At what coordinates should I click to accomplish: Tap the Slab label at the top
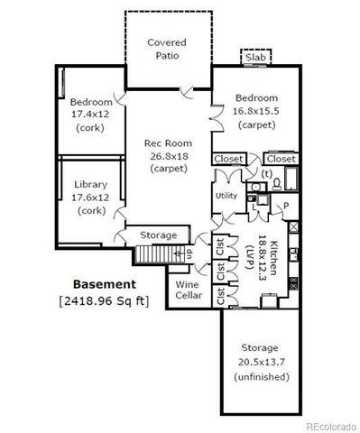tap(255, 58)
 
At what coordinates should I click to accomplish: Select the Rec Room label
tap(167, 143)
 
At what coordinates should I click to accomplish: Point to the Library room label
tap(89, 185)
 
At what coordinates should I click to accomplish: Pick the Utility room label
tap(226, 196)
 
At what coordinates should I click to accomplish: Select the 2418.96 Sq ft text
tap(104, 299)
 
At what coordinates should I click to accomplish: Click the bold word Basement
tap(104, 284)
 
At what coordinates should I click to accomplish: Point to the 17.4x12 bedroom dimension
tap(89, 115)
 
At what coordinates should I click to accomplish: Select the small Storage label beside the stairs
tap(159, 236)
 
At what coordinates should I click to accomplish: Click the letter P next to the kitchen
tap(285, 206)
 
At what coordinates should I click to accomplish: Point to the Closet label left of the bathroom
tap(227, 159)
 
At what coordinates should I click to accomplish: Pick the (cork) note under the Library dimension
tap(89, 210)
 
